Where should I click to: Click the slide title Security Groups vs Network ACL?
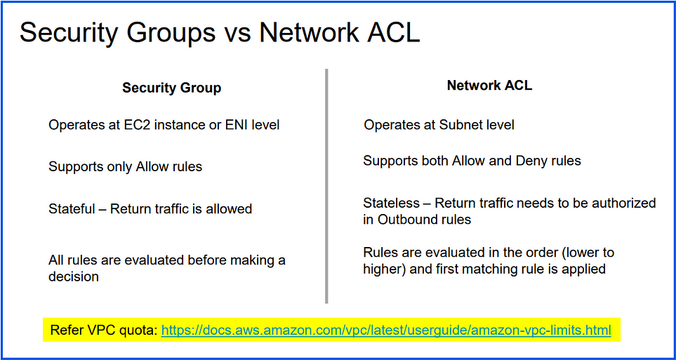tap(220, 33)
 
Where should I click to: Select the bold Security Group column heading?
tap(171, 88)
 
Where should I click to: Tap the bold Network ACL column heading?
tap(489, 86)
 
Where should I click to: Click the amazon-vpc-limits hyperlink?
tap(386, 331)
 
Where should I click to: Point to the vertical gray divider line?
tap(326, 186)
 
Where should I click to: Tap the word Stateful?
tap(72, 208)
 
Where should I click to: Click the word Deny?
tap(530, 161)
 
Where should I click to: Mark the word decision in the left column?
tap(74, 276)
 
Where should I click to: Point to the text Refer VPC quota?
tap(104, 331)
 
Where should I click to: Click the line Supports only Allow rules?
tap(126, 167)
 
